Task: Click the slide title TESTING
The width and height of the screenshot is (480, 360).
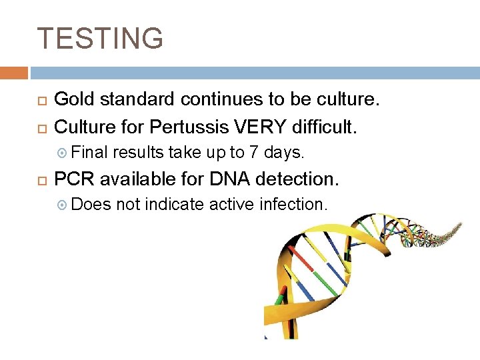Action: click(100, 39)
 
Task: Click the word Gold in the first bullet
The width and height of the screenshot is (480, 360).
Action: click(71, 100)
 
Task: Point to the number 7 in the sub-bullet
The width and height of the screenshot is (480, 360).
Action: click(253, 153)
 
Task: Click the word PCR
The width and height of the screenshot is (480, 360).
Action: click(75, 179)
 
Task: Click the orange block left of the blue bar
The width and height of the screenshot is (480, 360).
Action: click(14, 73)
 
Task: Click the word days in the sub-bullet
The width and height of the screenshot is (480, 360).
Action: click(284, 153)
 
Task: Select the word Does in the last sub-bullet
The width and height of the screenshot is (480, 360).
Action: click(91, 205)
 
